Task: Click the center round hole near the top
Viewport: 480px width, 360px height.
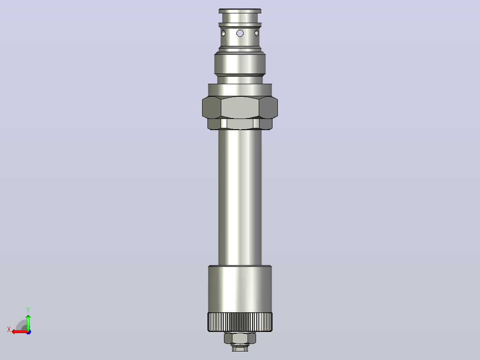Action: click(x=240, y=33)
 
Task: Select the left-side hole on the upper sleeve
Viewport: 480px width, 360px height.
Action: click(x=224, y=33)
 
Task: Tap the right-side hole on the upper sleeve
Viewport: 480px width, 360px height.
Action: click(x=256, y=33)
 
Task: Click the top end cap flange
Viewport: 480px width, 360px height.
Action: click(x=240, y=11)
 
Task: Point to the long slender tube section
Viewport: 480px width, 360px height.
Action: click(x=240, y=197)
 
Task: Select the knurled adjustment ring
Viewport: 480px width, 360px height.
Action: click(x=240, y=322)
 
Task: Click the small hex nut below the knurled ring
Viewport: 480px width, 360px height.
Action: click(x=240, y=338)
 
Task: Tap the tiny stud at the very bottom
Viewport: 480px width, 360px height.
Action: click(x=240, y=348)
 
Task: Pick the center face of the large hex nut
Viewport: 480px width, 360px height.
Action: click(x=240, y=107)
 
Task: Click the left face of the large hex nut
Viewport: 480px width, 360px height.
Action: click(x=212, y=107)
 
